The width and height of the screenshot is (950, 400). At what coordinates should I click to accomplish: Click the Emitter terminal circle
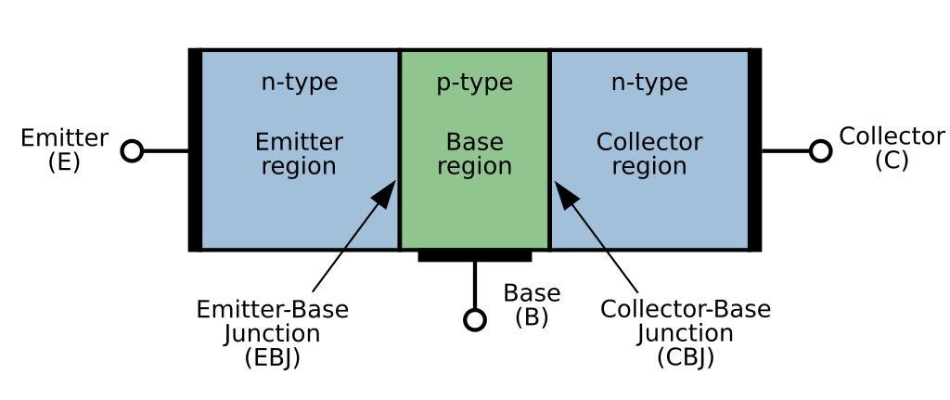point(133,150)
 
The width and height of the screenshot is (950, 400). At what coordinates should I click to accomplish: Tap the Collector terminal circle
point(820,150)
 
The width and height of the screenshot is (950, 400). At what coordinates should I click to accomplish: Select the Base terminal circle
point(475,320)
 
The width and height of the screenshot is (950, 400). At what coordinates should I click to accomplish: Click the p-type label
point(475,83)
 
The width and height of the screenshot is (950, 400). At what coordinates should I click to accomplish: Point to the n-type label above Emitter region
point(299,83)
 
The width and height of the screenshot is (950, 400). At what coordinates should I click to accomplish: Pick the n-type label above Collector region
point(649,83)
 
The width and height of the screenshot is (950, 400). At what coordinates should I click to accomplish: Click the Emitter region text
point(299,154)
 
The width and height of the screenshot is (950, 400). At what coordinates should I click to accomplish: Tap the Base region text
point(475,154)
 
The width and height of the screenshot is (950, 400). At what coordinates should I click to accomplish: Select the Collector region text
point(649,154)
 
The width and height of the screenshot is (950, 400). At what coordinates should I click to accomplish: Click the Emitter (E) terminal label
point(64,149)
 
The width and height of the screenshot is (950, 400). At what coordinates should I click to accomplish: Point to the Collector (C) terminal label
point(892,148)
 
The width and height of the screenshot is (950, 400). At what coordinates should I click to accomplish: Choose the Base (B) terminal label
point(532,305)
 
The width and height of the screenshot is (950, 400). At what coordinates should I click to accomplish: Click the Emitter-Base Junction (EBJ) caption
point(273,333)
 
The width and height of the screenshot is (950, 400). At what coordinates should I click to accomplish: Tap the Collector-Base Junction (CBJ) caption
point(686,333)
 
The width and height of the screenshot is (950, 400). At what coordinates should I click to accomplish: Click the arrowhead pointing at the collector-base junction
point(565,193)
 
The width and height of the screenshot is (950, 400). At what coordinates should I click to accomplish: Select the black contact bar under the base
point(475,255)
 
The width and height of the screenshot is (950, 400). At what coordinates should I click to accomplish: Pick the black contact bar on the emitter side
point(195,150)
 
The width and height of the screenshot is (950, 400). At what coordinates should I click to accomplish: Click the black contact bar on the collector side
point(755,150)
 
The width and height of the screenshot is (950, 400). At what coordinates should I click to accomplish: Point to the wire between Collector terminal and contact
point(786,150)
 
